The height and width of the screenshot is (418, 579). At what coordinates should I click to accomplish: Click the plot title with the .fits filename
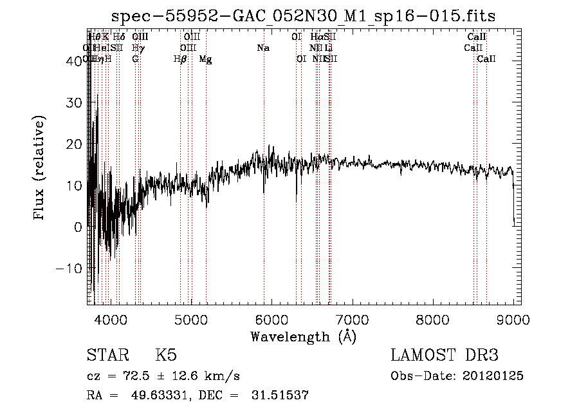pyautogui.click(x=303, y=16)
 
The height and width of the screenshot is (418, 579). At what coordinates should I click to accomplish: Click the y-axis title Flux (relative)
pyautogui.click(x=39, y=169)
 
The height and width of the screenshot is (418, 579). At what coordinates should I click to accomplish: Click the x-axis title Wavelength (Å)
pyautogui.click(x=303, y=336)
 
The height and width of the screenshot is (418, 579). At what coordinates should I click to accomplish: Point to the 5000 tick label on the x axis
pyautogui.click(x=191, y=319)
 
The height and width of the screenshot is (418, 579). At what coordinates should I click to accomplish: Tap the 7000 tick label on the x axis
pyautogui.click(x=352, y=319)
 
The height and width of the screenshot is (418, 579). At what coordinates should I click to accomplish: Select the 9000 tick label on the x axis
pyautogui.click(x=513, y=319)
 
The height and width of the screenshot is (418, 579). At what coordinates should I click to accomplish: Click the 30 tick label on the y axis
pyautogui.click(x=75, y=103)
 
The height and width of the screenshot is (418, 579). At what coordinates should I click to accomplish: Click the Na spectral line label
pyautogui.click(x=262, y=48)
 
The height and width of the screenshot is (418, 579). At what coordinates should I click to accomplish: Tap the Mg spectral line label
pyautogui.click(x=205, y=59)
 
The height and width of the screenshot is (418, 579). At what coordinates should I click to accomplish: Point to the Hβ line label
pyautogui.click(x=180, y=59)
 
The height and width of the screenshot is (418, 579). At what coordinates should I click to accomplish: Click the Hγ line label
pyautogui.click(x=137, y=48)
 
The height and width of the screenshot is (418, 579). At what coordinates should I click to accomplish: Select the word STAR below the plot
pyautogui.click(x=106, y=356)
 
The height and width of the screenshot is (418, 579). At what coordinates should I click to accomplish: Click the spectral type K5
pyautogui.click(x=165, y=356)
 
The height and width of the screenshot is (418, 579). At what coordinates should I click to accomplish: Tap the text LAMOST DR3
pyautogui.click(x=444, y=356)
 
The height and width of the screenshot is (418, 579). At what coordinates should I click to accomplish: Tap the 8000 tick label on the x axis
pyautogui.click(x=432, y=319)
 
